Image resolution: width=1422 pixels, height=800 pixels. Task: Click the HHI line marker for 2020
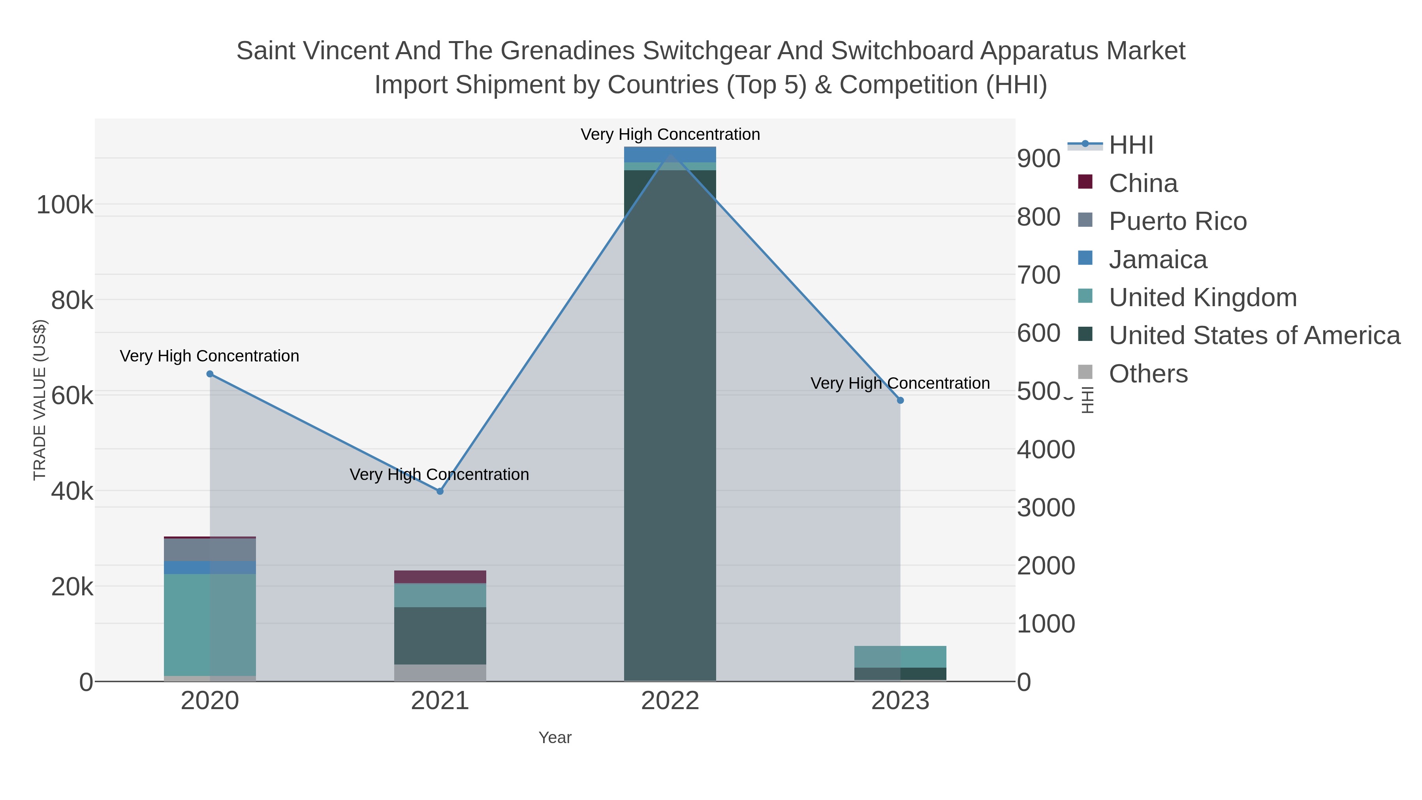click(210, 374)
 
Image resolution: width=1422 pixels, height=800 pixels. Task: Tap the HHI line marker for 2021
click(440, 491)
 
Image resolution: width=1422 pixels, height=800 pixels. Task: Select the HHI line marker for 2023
click(900, 400)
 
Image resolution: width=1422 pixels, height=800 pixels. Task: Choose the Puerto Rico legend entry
click(1177, 221)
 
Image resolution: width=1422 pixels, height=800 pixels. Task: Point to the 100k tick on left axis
click(65, 205)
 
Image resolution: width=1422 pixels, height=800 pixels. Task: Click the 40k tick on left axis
click(72, 491)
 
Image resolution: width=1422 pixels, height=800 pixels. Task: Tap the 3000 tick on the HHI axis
click(1046, 507)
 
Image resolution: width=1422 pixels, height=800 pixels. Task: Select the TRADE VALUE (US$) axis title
click(40, 400)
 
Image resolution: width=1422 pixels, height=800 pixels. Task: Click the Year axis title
click(555, 738)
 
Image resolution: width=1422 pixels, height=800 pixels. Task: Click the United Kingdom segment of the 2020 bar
click(210, 624)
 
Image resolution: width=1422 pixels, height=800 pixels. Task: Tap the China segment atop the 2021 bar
click(440, 577)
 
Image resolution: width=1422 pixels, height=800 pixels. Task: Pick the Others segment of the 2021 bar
click(440, 672)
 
